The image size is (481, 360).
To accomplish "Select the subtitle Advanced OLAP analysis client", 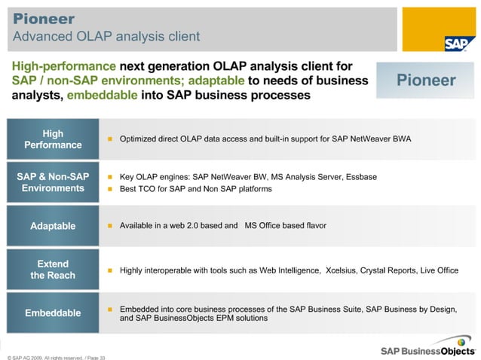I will [106, 36].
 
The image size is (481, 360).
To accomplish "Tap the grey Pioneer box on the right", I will [426, 81].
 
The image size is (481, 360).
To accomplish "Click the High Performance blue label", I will [53, 139].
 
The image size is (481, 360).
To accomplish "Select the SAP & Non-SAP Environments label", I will [53, 182].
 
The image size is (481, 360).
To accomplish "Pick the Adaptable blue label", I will [53, 226].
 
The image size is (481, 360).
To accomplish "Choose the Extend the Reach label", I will [53, 270].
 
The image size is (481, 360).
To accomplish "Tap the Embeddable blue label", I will [53, 313].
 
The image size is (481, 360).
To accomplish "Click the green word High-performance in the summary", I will [63, 66].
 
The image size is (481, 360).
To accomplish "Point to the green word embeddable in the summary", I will [105, 96].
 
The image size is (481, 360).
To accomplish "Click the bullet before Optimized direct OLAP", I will [109, 139].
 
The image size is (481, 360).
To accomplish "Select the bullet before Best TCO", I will [109, 189].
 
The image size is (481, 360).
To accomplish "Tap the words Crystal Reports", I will [392, 270].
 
